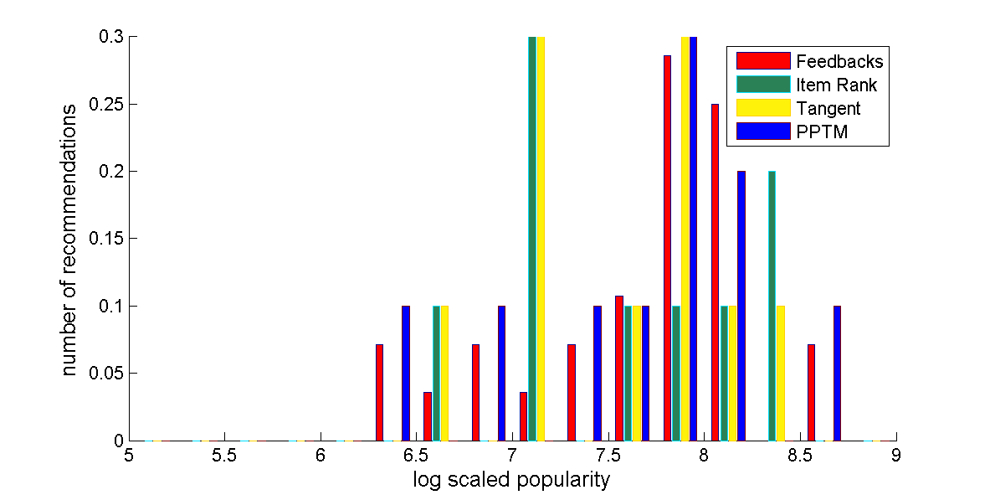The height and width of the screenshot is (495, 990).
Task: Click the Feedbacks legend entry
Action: [x=839, y=61]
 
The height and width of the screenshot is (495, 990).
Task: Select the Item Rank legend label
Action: [x=837, y=85]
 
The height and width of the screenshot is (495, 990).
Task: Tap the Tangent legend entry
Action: [x=828, y=108]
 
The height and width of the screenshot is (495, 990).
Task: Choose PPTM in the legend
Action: [x=823, y=131]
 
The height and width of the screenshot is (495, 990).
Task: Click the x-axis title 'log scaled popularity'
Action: [x=511, y=480]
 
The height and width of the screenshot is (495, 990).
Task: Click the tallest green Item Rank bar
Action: [x=532, y=239]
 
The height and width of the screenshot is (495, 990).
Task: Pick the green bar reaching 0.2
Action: [x=772, y=306]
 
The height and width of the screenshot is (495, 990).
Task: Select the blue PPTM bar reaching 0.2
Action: [x=741, y=306]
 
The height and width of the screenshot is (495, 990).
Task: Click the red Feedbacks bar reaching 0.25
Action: [x=716, y=272]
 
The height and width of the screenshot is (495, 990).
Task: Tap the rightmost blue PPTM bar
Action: [x=837, y=373]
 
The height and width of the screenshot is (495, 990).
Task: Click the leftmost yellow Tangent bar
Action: [x=444, y=373]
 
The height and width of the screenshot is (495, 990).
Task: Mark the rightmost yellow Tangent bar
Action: [x=781, y=373]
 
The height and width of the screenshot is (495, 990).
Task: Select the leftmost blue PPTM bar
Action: [x=406, y=373]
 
